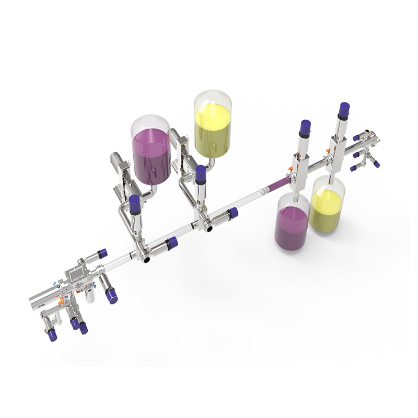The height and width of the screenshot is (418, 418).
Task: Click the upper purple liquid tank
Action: coord(151,154)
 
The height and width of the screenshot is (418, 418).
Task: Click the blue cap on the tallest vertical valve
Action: coord(344,110)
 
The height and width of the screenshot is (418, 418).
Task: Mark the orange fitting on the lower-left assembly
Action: coord(62,300)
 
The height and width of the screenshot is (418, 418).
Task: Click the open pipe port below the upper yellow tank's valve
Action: coord(208,228)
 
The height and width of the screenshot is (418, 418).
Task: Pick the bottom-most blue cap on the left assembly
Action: coord(83,329)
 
